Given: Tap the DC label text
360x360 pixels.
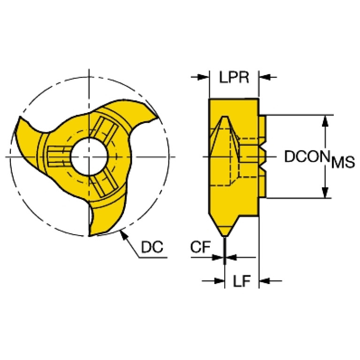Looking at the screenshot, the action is click(152, 247).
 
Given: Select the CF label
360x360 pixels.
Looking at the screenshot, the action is click(200, 247).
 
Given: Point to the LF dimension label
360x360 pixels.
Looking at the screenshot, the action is click(242, 281).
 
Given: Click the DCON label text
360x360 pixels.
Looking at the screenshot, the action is click(307, 157).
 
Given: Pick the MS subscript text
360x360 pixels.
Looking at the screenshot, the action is click(343, 162).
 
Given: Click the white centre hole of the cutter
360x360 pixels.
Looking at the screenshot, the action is click(89, 157).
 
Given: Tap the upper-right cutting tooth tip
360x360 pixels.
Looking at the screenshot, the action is click(158, 118).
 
